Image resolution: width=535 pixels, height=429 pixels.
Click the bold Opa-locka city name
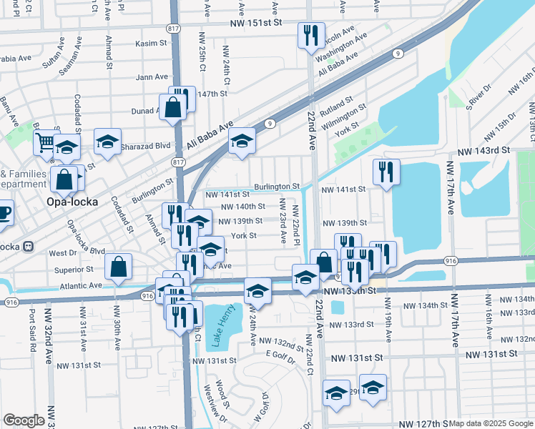click(x=72, y=201)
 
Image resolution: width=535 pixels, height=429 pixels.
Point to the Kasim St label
click(x=151, y=44)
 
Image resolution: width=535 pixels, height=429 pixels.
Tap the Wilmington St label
click(x=344, y=117)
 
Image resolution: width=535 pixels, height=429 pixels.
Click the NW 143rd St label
click(x=485, y=151)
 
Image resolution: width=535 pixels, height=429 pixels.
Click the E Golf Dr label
click(x=280, y=357)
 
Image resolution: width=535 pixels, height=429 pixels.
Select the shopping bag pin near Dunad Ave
click(x=174, y=109)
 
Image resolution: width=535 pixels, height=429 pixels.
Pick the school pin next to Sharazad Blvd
click(x=108, y=141)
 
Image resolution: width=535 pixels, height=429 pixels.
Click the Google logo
click(x=24, y=420)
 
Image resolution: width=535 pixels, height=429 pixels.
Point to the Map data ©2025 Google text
click(x=491, y=423)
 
